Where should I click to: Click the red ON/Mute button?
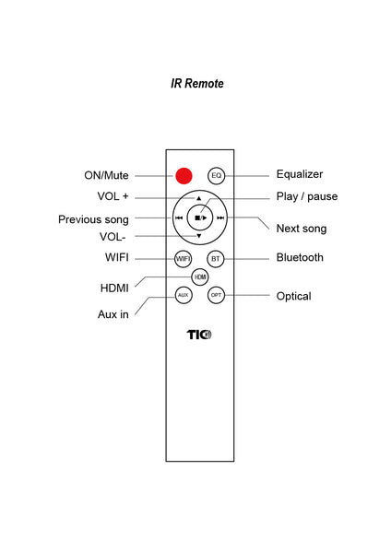click(184, 176)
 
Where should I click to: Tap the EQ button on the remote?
click(217, 176)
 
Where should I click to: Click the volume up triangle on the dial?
click(198, 198)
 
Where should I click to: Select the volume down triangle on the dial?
click(199, 236)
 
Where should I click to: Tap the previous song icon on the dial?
click(179, 218)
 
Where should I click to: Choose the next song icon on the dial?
click(220, 218)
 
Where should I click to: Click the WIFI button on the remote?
click(184, 259)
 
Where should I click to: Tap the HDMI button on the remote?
click(200, 277)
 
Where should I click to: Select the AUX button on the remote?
click(184, 295)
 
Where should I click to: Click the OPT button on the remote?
click(216, 295)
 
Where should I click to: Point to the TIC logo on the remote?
click(199, 335)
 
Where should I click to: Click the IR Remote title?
click(197, 84)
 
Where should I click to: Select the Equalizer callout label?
click(300, 174)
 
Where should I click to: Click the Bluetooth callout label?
click(300, 257)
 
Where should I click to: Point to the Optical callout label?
click(294, 296)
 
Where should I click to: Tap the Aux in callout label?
click(113, 314)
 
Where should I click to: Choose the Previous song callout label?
click(93, 219)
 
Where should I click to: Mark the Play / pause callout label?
click(307, 196)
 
